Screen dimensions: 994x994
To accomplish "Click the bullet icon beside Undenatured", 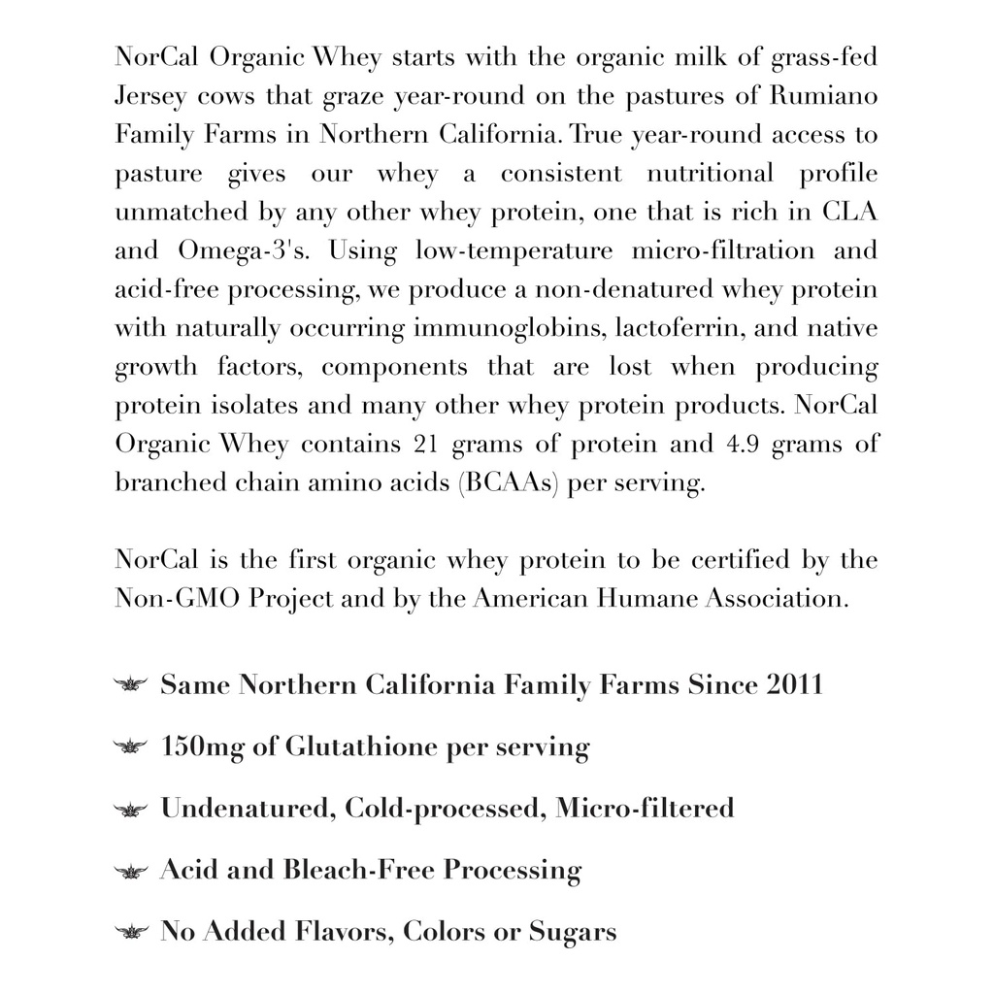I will click(130, 809).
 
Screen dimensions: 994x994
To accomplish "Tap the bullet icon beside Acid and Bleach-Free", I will click(130, 871).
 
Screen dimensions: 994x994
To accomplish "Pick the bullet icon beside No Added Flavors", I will click(130, 933).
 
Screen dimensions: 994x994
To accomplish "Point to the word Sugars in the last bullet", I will click(572, 933).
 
